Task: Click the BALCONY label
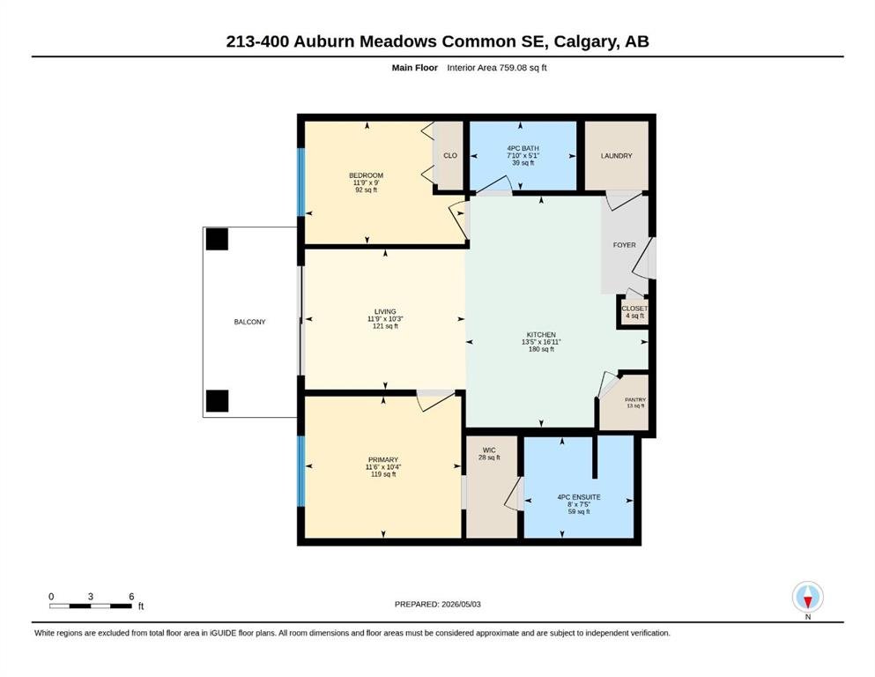click(249, 322)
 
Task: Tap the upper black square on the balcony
click(217, 239)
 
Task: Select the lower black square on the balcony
click(217, 401)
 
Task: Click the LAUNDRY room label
click(617, 156)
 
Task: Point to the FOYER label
click(625, 245)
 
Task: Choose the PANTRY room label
click(635, 399)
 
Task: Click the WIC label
click(489, 450)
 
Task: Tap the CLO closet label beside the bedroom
click(450, 156)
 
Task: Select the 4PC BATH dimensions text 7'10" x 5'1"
click(523, 156)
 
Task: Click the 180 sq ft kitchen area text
click(541, 349)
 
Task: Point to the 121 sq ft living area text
click(385, 326)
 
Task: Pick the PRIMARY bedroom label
click(383, 460)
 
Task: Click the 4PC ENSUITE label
click(579, 497)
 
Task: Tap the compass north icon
click(807, 597)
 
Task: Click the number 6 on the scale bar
click(131, 597)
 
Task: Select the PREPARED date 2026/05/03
click(461, 604)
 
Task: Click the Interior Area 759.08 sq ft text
click(497, 68)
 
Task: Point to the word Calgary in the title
click(585, 41)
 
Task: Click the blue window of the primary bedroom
click(301, 471)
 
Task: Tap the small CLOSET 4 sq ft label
click(635, 312)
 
